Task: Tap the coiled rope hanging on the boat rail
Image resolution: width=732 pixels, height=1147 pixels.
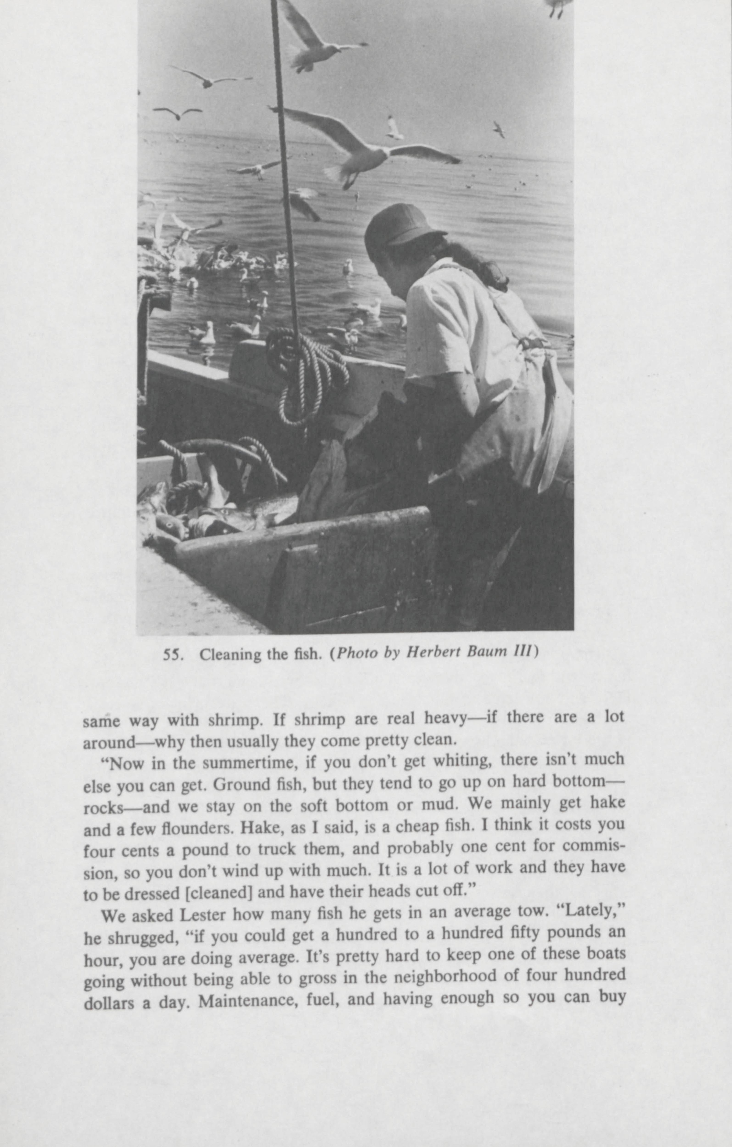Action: [305, 372]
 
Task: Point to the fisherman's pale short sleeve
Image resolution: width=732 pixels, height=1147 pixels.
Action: [438, 324]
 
